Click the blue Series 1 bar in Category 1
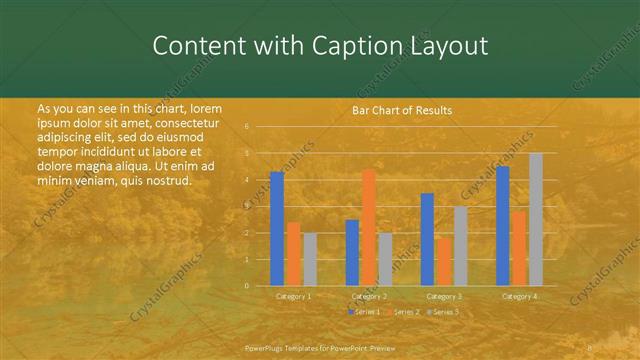277,229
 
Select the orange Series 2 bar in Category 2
368,227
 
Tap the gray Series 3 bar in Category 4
535,219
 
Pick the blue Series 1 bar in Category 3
427,239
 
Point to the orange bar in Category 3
443,261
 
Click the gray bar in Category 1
309,259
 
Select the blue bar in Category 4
502,226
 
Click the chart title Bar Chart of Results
401,110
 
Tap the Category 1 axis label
293,297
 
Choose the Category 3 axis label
443,297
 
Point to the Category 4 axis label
518,297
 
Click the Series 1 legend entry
364,312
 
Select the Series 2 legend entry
403,312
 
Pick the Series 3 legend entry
443,312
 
